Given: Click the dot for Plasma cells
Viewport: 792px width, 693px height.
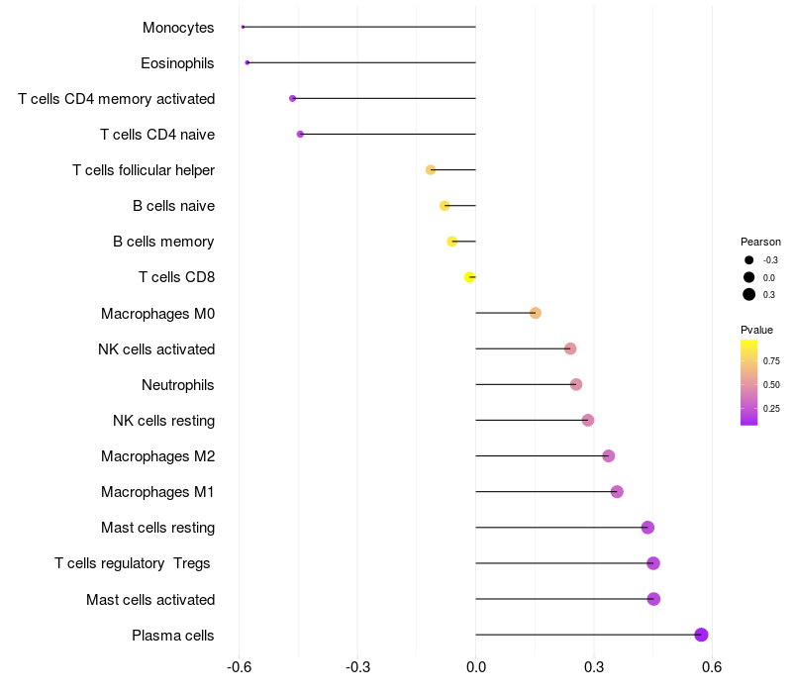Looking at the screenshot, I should click(x=701, y=635).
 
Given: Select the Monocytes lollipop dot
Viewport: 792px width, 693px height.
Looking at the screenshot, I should click(x=243, y=27).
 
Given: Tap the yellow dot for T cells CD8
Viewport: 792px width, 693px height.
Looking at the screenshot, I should click(x=469, y=277).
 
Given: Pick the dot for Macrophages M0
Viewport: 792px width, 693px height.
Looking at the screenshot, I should click(x=536, y=313).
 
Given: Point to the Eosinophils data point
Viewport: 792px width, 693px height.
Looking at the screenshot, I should click(x=247, y=62).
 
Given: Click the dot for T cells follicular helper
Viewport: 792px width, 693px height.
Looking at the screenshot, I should click(x=431, y=170).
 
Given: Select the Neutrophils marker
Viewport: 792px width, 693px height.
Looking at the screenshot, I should click(x=576, y=384).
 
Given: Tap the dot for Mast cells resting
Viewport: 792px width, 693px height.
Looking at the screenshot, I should click(x=647, y=528).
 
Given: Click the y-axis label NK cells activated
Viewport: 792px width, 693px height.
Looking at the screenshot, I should click(x=156, y=348).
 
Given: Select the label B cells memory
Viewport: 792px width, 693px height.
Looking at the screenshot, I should click(x=163, y=242).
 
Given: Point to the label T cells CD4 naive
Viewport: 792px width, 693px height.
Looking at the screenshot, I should click(x=157, y=134).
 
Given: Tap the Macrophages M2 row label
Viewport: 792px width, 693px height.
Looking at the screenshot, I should click(x=157, y=456).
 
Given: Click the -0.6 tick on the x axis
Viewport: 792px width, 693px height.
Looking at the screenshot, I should click(x=240, y=667).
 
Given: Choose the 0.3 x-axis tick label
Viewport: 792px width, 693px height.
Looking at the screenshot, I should click(x=594, y=667).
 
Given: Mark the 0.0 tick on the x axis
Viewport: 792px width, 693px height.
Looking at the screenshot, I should click(x=476, y=667).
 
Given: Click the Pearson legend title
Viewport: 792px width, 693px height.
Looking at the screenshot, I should click(x=760, y=242).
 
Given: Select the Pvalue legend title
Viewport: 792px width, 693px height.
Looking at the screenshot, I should click(x=756, y=329).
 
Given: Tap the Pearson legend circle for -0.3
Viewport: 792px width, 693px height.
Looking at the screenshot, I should click(x=749, y=260).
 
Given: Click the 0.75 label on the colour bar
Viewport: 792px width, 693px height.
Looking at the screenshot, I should click(x=771, y=360).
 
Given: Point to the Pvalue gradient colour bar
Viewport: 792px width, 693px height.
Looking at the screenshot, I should click(x=749, y=382).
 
